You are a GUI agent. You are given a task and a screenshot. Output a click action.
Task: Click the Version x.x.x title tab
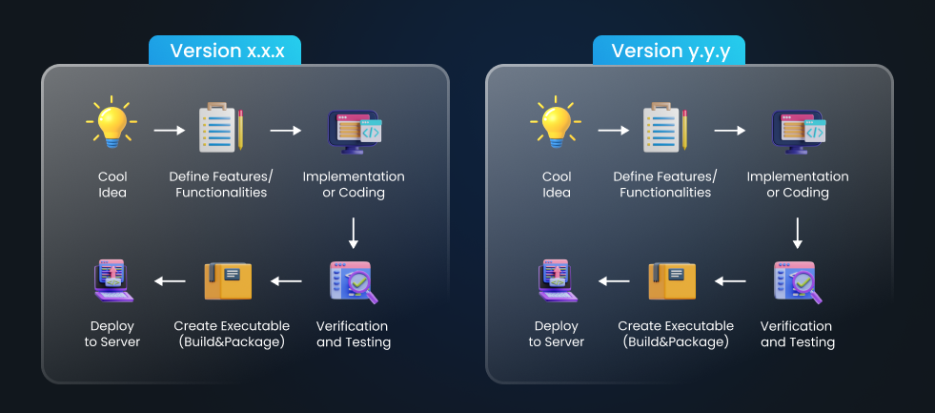pos(225,52)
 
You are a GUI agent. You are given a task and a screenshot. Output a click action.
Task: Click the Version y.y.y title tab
pos(669,52)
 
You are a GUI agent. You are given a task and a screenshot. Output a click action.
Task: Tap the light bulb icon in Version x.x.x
pos(111,123)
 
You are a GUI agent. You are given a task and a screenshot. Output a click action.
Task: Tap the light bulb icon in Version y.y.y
pos(555,123)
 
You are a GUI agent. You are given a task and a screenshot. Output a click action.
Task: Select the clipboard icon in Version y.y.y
pos(665,128)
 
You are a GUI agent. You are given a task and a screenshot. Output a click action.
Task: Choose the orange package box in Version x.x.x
pos(228,281)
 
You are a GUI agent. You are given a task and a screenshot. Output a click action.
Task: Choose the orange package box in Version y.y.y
pos(672,281)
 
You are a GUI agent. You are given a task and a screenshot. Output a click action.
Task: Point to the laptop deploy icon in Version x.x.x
pos(113,281)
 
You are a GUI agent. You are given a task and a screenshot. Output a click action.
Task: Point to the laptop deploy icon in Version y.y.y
pos(558,281)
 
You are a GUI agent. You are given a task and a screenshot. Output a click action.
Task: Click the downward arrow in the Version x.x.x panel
pos(354,234)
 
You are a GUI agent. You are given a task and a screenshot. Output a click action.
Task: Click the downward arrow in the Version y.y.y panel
pos(798,234)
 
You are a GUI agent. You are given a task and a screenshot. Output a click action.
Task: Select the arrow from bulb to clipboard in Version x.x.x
pos(170,129)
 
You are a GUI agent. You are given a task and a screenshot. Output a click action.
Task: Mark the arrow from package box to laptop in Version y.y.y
pos(614,281)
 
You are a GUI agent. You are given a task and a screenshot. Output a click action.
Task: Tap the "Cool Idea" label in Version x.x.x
pos(112,184)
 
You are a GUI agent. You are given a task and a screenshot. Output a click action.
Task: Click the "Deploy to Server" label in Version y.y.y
pos(557,334)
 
